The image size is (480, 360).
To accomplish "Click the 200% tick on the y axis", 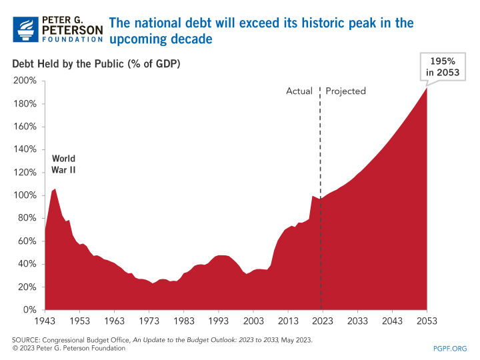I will (26, 81).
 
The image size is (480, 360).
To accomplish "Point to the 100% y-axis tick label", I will (26, 195).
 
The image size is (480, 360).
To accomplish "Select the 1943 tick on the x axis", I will (45, 321).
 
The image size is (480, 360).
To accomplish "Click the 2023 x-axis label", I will (323, 321).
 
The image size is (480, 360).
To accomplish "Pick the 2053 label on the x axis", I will (427, 321).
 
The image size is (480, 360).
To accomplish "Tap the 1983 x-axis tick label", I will (183, 321).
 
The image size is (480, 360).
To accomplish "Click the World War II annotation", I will (64, 164).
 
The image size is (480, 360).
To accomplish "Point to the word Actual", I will (299, 91).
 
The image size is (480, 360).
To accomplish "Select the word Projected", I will (346, 91).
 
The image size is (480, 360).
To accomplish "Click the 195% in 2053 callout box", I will (443, 67).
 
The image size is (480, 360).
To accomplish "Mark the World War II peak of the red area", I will (55, 189).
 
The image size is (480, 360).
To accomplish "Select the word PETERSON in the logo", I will (73, 30).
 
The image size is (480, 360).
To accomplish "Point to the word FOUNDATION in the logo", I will (73, 40).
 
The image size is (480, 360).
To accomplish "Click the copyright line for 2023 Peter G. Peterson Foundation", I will (69, 349).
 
